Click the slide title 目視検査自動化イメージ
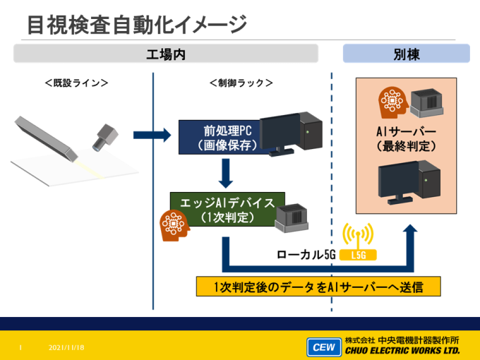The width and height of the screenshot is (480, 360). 137,25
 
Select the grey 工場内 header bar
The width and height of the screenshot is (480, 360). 166,54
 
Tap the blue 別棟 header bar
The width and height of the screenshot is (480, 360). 406,54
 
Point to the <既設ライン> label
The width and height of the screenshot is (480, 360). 76,83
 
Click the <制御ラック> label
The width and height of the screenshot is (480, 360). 241,83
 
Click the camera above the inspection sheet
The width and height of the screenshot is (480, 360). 105,138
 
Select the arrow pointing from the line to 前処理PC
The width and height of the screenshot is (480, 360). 152,135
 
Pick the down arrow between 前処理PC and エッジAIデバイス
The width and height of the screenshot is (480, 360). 226,173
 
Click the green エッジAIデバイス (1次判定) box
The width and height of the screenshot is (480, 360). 227,210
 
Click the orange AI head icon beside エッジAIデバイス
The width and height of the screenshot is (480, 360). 174,225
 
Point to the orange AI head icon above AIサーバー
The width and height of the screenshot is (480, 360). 392,102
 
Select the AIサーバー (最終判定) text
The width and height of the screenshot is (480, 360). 406,139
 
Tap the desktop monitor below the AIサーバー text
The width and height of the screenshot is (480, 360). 398,183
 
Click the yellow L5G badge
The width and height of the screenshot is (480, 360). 358,255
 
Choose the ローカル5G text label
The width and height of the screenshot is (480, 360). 306,255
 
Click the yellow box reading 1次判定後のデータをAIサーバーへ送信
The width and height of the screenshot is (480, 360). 318,287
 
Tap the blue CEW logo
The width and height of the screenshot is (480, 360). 324,347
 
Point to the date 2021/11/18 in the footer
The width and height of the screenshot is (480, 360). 66,347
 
